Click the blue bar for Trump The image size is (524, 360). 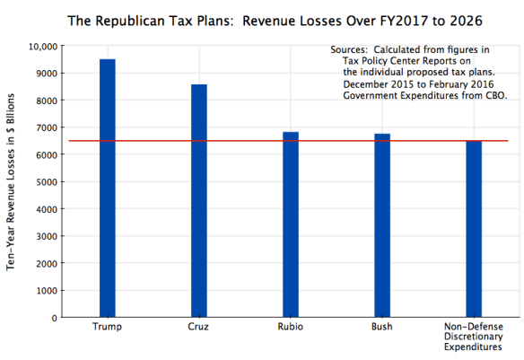tap(108, 189)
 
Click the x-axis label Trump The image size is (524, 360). tap(108, 327)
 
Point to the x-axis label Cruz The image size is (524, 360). tap(199, 327)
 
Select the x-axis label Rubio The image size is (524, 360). tap(291, 327)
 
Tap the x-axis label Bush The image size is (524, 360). tap(381, 327)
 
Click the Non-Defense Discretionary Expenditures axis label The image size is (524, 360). tap(473, 337)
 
